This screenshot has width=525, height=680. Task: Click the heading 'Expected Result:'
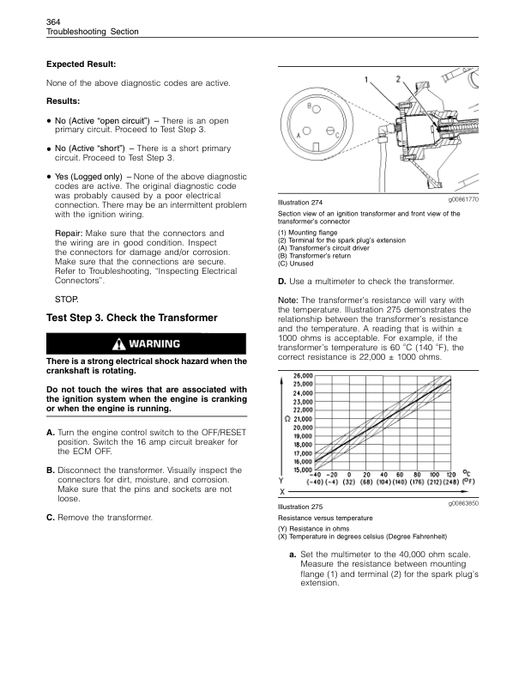point(81,64)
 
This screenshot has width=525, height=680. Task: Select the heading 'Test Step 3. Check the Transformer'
point(131,318)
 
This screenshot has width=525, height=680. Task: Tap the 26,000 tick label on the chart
point(303,376)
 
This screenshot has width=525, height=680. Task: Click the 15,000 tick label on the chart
point(302,470)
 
